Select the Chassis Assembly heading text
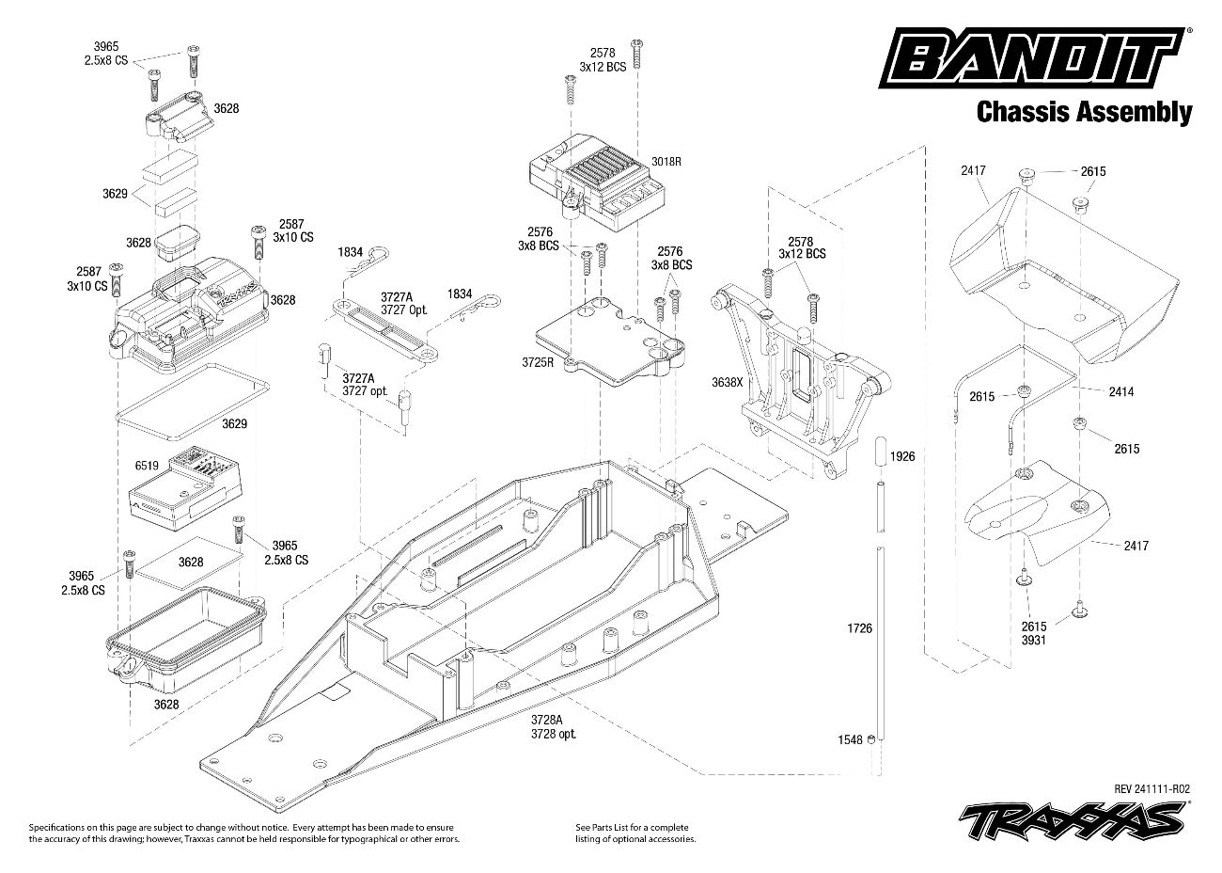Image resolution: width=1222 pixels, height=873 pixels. pos(1084,113)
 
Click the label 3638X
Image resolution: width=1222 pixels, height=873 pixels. pos(727,384)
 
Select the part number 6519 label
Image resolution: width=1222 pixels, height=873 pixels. pos(147,465)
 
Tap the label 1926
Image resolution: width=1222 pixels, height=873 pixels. pos(901,456)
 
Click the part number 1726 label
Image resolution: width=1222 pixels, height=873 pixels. pos(859,625)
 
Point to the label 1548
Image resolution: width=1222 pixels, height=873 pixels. pos(850,739)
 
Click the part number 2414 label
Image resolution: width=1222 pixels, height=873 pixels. pos(1121,391)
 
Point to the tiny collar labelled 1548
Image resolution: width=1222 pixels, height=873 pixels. pos(872,739)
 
